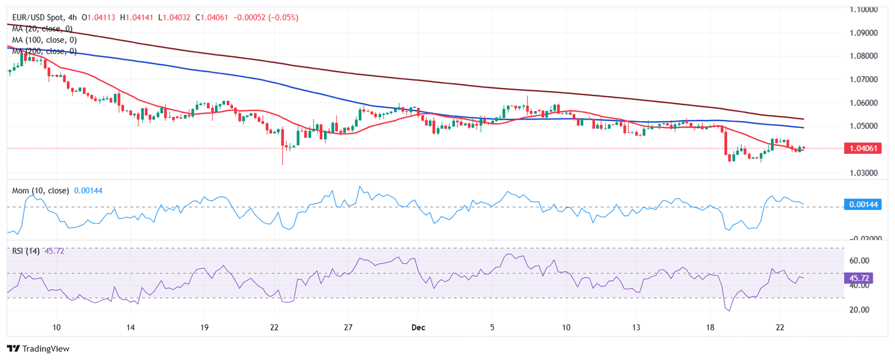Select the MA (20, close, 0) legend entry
pyautogui.click(x=44, y=29)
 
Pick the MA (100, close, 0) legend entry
pyautogui.click(x=45, y=40)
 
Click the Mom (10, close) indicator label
pyautogui.click(x=40, y=190)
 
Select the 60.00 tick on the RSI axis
pyautogui.click(x=859, y=260)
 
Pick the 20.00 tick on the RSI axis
pyautogui.click(x=859, y=310)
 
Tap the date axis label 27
pyautogui.click(x=348, y=327)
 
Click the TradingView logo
pyautogui.click(x=38, y=348)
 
